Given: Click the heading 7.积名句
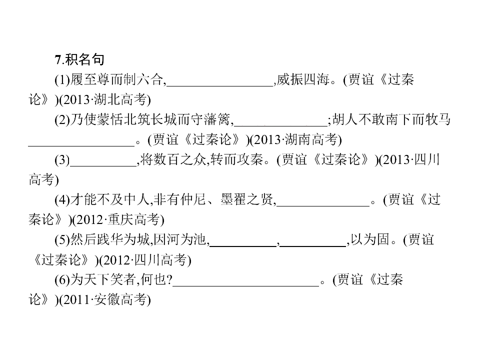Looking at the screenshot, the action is tap(79, 59).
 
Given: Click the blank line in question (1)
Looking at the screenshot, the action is tap(219, 86).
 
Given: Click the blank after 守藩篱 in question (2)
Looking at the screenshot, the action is tap(280, 125).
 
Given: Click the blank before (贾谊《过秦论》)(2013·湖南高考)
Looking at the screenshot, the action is tap(81, 145).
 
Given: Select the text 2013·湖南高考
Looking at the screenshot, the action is tap(295, 139).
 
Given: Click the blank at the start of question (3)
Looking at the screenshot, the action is tap(103, 165).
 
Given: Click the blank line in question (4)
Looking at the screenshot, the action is tap(323, 205).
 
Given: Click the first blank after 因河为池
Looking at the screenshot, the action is tap(243, 245).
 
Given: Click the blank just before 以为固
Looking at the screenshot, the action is tap(313, 245).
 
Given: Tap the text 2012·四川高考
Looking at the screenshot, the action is tap(145, 260).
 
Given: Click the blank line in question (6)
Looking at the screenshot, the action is tap(246, 285).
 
